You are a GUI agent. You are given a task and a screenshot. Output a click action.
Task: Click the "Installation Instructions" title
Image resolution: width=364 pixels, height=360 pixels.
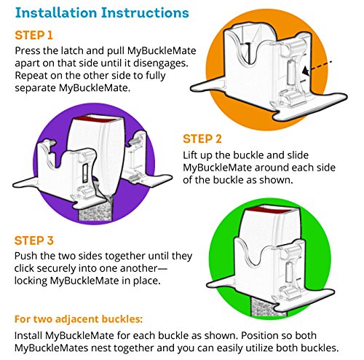102,12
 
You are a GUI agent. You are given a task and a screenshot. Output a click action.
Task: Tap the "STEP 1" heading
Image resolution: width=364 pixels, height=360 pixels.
33,35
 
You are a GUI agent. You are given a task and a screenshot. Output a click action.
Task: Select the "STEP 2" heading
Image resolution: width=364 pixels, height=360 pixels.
202,139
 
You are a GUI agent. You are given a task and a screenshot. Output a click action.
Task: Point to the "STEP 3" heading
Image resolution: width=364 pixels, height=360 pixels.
33,240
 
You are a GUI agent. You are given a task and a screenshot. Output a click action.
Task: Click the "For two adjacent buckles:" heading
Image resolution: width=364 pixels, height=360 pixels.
79,319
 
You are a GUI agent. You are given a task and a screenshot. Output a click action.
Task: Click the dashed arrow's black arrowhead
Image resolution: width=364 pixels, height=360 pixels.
306,71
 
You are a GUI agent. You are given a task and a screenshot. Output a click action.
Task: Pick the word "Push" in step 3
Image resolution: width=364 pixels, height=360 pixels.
25,256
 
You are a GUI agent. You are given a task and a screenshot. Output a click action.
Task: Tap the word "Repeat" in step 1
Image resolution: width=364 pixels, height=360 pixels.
31,76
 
